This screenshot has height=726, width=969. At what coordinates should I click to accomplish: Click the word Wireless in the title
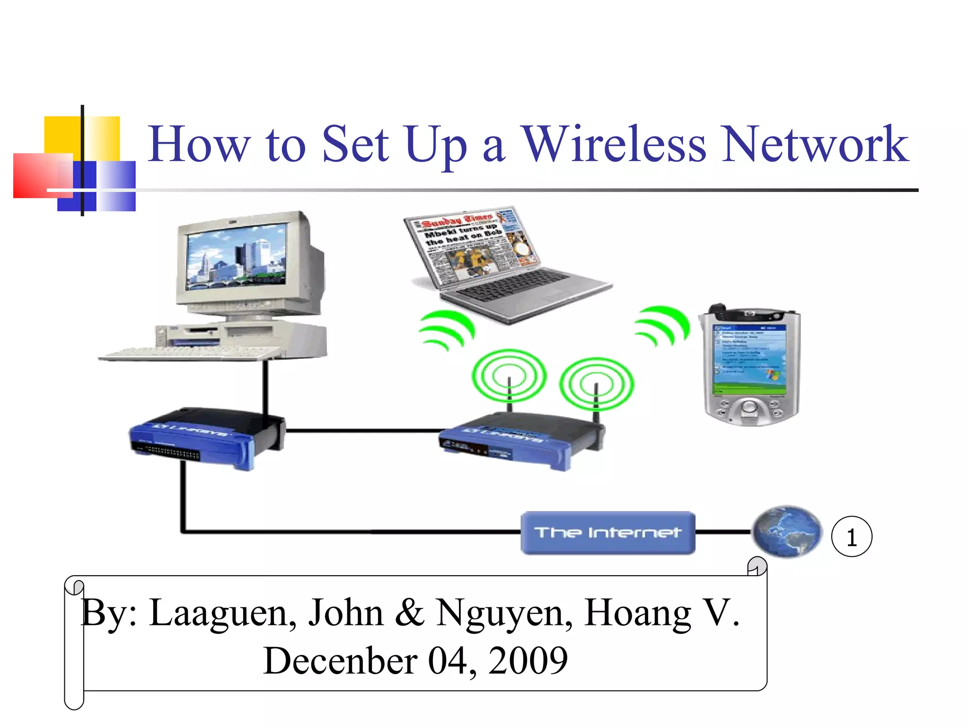tap(614, 144)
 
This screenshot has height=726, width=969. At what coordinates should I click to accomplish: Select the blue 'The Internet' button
tap(608, 533)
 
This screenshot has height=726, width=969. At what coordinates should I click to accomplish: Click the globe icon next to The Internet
tap(787, 532)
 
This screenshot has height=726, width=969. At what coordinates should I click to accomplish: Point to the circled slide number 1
tap(852, 537)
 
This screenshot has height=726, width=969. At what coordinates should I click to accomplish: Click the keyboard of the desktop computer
tap(192, 353)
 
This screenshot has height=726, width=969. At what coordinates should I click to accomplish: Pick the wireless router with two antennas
tap(520, 437)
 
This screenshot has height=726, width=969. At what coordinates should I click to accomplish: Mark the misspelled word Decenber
tap(340, 661)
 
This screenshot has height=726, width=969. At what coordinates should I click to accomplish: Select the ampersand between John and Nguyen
tap(409, 613)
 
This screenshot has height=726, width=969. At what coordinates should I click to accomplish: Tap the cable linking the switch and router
tap(362, 431)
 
